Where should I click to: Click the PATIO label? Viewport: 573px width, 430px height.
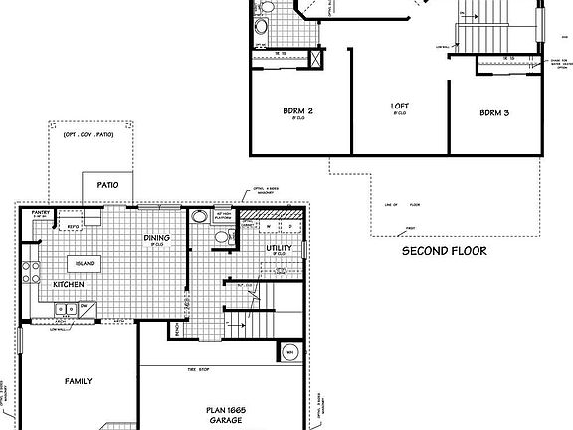pyautogui.click(x=106, y=185)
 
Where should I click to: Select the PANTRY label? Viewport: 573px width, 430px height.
pyautogui.click(x=42, y=212)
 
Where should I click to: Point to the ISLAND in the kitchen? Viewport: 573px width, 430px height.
pyautogui.click(x=83, y=263)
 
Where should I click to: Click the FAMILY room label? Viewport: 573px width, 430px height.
pyautogui.click(x=79, y=380)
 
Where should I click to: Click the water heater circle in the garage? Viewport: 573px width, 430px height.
pyautogui.click(x=289, y=352)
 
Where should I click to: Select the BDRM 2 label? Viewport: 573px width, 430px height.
pyautogui.click(x=298, y=113)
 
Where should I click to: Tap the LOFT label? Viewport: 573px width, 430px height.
pyautogui.click(x=400, y=107)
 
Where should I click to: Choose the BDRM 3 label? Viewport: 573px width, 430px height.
pyautogui.click(x=494, y=113)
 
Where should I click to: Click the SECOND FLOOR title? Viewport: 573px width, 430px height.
pyautogui.click(x=444, y=251)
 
